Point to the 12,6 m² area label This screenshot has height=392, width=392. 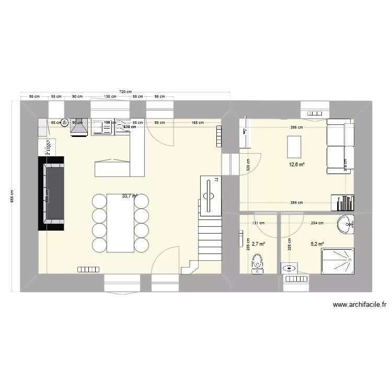297,164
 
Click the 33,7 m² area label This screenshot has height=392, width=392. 129,196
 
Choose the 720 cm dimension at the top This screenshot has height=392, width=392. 125,92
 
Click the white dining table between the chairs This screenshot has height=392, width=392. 120,223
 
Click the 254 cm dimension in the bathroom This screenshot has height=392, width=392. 317,223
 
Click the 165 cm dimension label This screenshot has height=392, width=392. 198,122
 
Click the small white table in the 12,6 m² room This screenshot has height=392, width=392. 294,146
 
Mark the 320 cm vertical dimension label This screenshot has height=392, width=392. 248,165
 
